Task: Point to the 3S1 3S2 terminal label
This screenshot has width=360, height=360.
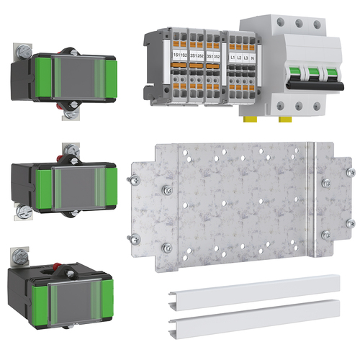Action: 212,55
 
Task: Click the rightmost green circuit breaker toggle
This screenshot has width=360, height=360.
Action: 331,75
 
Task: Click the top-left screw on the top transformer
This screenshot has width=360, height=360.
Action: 19,50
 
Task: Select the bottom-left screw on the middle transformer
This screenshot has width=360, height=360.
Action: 22,211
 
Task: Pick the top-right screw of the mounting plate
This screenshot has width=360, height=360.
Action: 350,173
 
